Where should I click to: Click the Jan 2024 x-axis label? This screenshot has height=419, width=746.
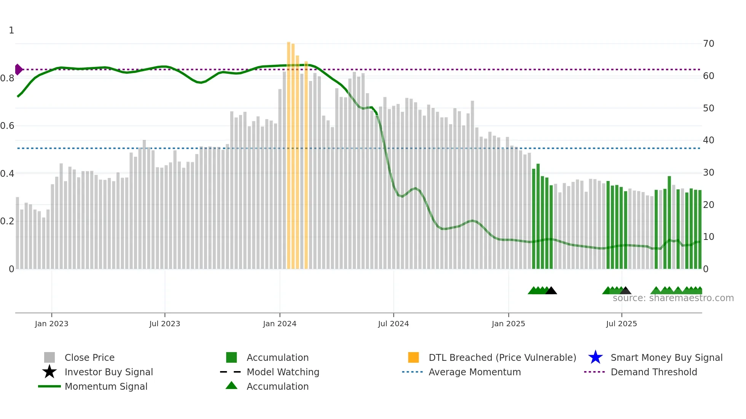[279, 324]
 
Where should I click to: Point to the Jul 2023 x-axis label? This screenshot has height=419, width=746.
[164, 324]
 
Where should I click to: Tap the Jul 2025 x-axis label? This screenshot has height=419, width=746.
[621, 324]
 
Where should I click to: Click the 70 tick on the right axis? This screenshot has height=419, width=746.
[708, 44]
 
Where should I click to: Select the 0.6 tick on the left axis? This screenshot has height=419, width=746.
[7, 126]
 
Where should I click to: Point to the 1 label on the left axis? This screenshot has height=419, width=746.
[11, 30]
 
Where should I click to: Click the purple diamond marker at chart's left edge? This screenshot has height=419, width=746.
[18, 70]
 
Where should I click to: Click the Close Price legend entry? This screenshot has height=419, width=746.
[89, 357]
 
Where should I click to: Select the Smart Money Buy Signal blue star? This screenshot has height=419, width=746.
[595, 357]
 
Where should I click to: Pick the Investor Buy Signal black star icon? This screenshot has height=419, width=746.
[49, 372]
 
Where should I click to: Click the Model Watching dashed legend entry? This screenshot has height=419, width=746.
[282, 372]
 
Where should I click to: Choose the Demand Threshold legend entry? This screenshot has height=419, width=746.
[654, 372]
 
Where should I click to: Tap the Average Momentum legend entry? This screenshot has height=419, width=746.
[474, 372]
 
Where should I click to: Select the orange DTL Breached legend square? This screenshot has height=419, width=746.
[413, 357]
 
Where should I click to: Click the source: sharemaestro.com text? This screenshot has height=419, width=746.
[673, 298]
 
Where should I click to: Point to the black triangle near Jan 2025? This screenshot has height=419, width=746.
[551, 291]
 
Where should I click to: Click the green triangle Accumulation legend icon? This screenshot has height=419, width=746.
[231, 386]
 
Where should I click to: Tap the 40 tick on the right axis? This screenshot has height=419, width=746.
[708, 140]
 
